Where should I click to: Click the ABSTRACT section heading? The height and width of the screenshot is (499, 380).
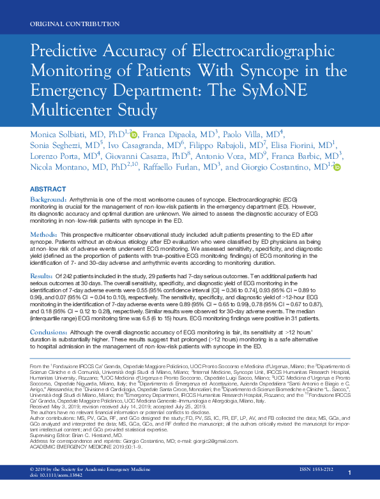click(x=48, y=190)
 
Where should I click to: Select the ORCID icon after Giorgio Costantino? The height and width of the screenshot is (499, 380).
click(x=337, y=167)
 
